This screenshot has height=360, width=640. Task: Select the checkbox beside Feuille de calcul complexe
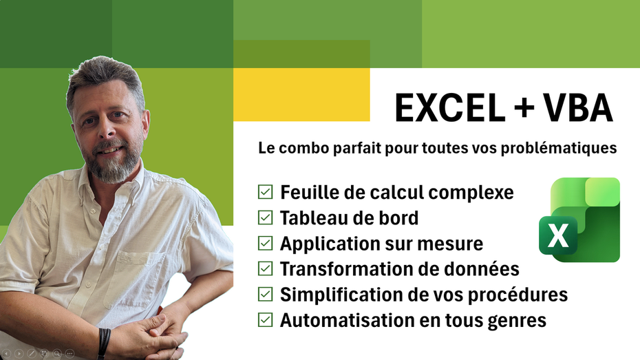pyautogui.click(x=264, y=192)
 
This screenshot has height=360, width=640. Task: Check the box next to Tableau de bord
pyautogui.click(x=264, y=218)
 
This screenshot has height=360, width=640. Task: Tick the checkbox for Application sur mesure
pyautogui.click(x=264, y=243)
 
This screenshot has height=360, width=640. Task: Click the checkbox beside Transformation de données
pyautogui.click(x=264, y=268)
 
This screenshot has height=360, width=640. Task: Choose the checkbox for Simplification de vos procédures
pyautogui.click(x=264, y=295)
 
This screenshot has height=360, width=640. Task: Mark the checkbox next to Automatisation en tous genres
pyautogui.click(x=264, y=320)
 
